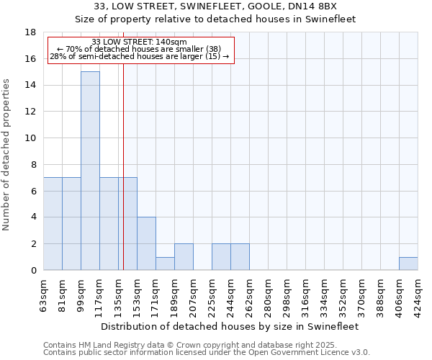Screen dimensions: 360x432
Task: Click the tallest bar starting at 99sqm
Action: pyautogui.click(x=90, y=171)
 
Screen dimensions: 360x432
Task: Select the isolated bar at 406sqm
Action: pyautogui.click(x=408, y=264)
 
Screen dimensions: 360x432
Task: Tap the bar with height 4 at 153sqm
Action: pyautogui.click(x=146, y=243)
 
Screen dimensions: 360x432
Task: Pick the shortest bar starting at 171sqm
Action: pyautogui.click(x=165, y=264)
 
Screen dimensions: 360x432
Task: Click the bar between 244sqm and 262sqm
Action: pyautogui.click(x=240, y=257)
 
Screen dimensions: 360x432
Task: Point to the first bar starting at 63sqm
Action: pyautogui.click(x=53, y=224)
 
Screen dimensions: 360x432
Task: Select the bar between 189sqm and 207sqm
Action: pyautogui.click(x=184, y=257)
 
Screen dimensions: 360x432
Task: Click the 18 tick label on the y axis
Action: pyautogui.click(x=30, y=32)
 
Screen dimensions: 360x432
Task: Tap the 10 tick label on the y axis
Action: pyautogui.click(x=30, y=138)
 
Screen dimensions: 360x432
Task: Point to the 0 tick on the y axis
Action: pyautogui.click(x=33, y=271)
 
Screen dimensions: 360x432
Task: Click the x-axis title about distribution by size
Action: pyautogui.click(x=230, y=326)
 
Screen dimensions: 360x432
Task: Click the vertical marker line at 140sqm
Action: pyautogui.click(x=123, y=180)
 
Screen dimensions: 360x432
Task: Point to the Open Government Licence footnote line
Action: pyautogui.click(x=207, y=353)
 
